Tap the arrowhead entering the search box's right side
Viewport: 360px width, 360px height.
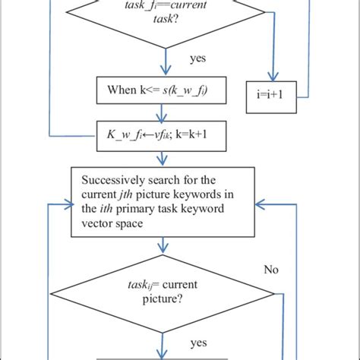259,204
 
